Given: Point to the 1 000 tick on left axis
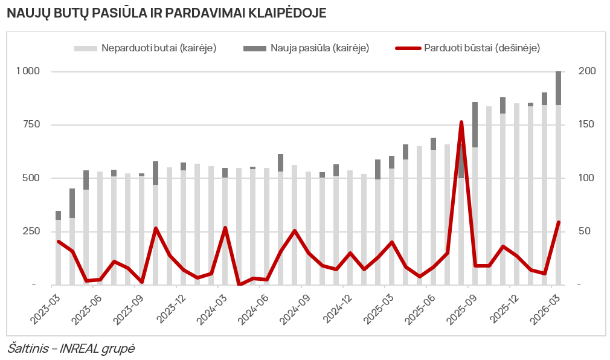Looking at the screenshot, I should (28, 71).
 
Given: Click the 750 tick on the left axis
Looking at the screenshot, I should (32, 124).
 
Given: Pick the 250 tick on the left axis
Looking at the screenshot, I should (32, 231).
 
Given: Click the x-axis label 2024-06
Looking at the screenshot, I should (253, 308).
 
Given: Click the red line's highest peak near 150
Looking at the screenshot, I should (461, 123).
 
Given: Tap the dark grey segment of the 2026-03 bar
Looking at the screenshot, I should (558, 88).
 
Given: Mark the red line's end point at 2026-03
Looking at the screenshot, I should (558, 222).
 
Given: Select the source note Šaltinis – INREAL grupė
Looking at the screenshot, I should (71, 349).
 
